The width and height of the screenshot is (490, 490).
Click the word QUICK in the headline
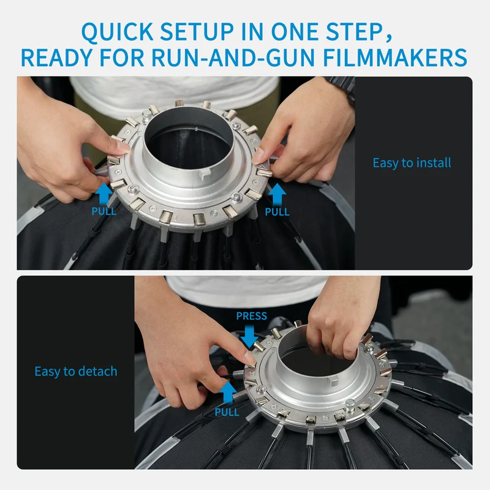click(x=117, y=32)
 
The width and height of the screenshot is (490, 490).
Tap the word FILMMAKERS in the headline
click(x=395, y=58)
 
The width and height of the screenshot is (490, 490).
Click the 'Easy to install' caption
click(x=412, y=163)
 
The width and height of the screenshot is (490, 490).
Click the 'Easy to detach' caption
click(x=76, y=372)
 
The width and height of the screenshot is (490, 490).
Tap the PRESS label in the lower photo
click(x=252, y=316)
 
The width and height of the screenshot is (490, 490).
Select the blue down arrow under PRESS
click(x=249, y=336)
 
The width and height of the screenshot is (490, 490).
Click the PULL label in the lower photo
click(x=227, y=412)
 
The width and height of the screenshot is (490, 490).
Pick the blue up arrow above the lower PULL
click(x=228, y=392)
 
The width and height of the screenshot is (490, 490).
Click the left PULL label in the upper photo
click(x=104, y=211)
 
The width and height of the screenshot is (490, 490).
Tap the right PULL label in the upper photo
click(x=277, y=211)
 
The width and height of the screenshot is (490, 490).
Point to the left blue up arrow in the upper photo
click(x=104, y=194)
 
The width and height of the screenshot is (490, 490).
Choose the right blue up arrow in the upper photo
click(x=277, y=194)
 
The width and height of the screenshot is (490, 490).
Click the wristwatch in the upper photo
click(x=342, y=88)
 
